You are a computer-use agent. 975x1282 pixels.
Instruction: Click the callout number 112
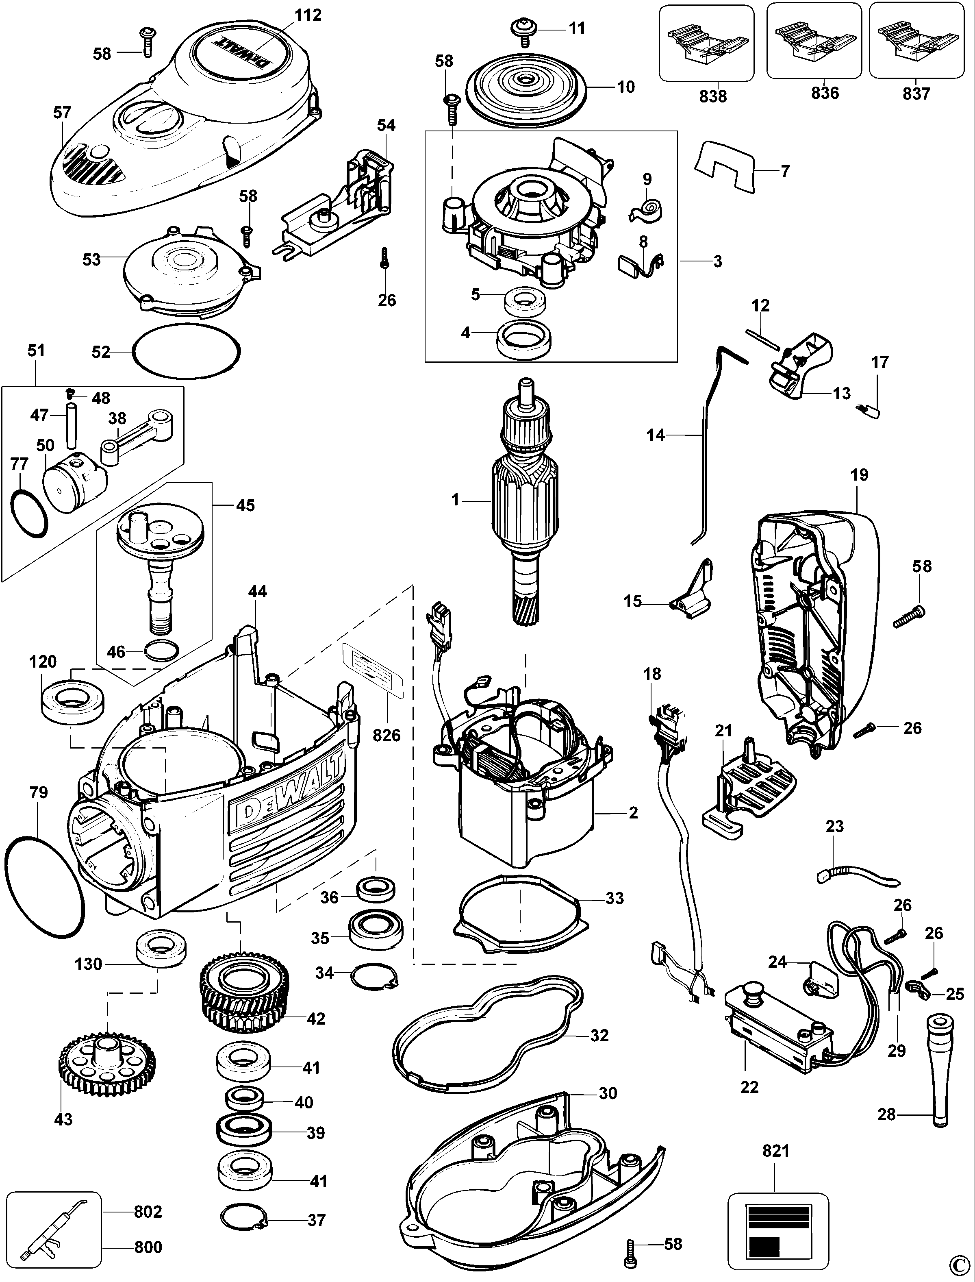click(308, 15)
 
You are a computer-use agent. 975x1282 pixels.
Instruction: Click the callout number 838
click(713, 96)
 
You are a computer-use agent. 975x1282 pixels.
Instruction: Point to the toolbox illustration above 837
click(914, 42)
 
